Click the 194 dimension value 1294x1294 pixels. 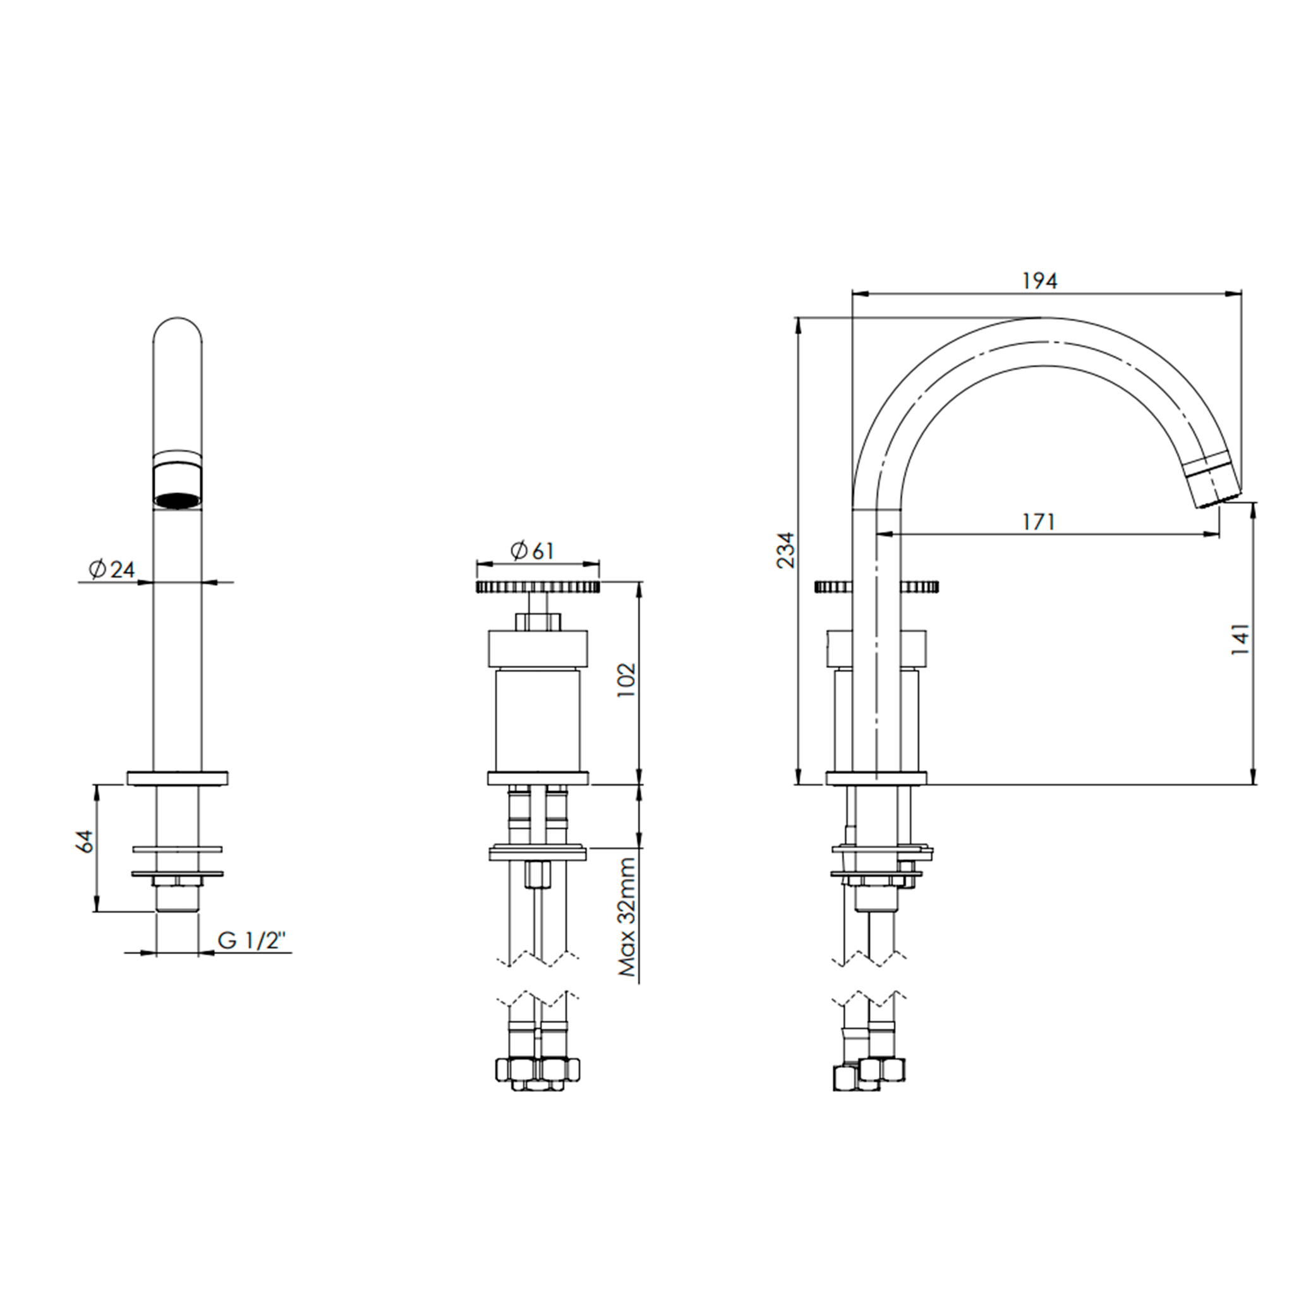(1040, 281)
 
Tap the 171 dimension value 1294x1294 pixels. (1039, 522)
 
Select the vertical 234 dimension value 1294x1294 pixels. (785, 550)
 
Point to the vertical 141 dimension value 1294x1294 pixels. (1240, 639)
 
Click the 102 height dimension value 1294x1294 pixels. (626, 680)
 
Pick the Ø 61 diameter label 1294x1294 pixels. (533, 550)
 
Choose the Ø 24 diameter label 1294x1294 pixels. (112, 569)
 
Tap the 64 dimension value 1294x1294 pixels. (85, 841)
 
